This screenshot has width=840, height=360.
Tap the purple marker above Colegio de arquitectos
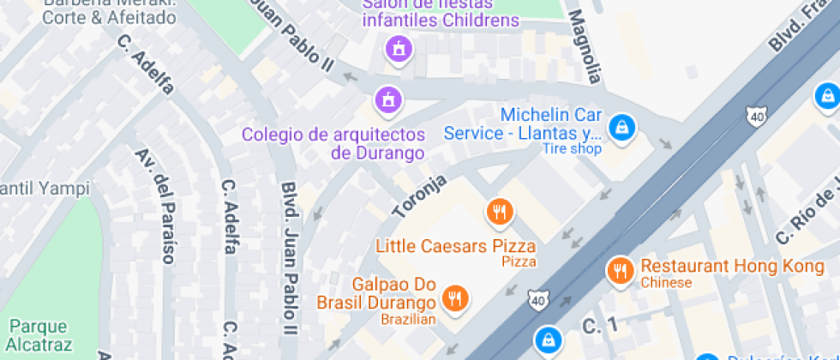point(388,100)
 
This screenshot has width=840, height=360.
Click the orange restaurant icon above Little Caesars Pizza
point(499,211)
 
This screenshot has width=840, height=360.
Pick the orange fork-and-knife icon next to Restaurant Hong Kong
point(618,272)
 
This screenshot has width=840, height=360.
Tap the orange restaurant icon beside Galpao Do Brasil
point(454,298)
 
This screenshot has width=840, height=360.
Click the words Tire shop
point(572,149)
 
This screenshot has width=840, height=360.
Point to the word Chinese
point(666,282)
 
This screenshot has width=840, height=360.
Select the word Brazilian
point(409,320)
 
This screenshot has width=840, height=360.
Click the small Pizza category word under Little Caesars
point(519,261)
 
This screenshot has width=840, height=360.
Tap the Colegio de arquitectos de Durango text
point(333,144)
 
